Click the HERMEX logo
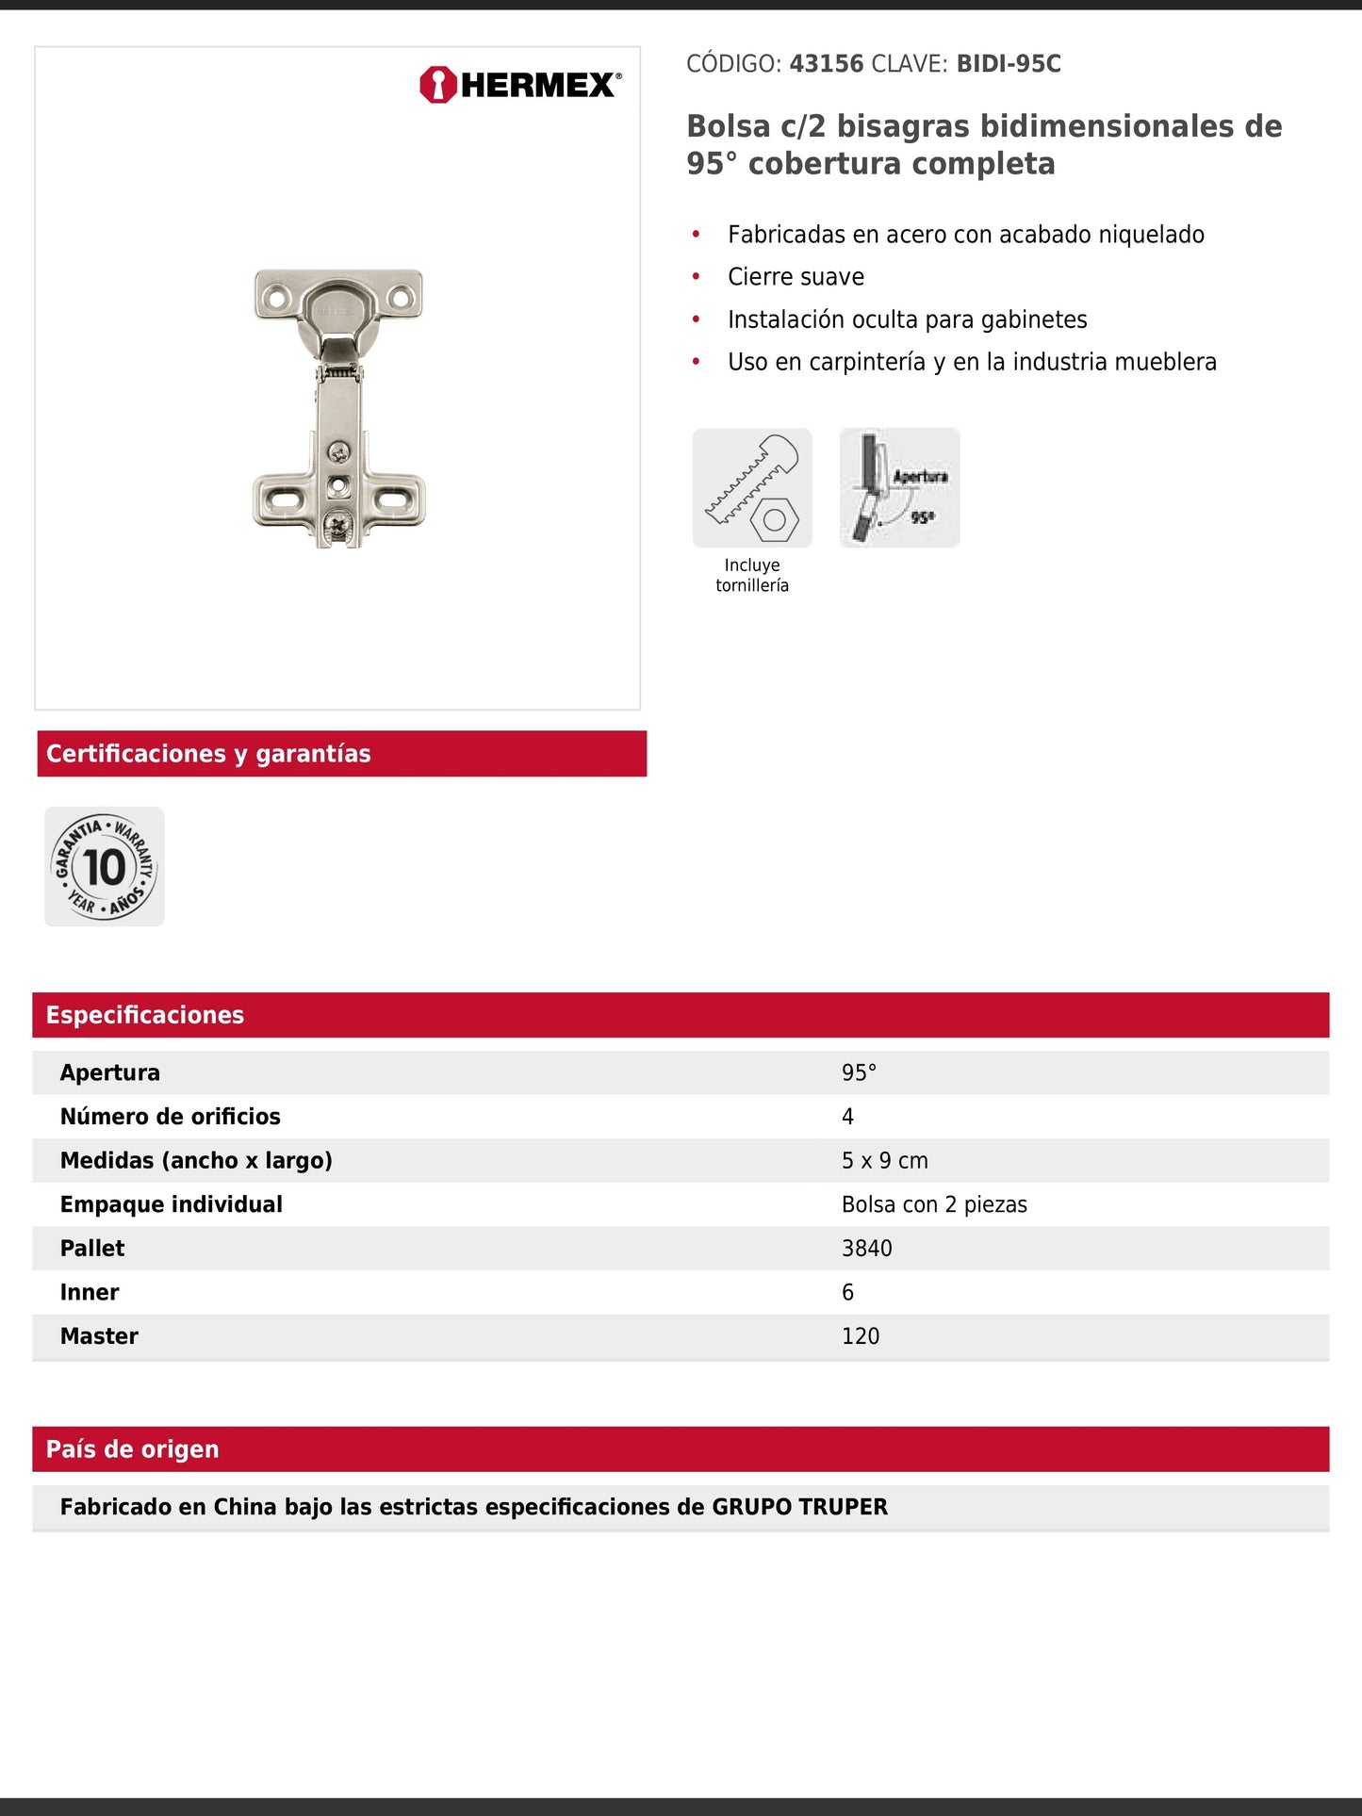tap(520, 85)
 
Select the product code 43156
tap(826, 64)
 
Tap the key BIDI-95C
tap(1009, 64)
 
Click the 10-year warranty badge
tap(105, 866)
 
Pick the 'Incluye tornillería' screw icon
tap(752, 488)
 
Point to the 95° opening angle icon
tap(899, 488)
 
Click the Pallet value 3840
tap(866, 1248)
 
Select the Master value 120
tap(860, 1335)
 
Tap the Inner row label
tap(90, 1292)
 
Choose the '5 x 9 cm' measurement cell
tap(884, 1160)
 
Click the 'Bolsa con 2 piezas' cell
tap(934, 1204)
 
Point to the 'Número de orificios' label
tap(171, 1117)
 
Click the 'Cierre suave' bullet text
tap(796, 277)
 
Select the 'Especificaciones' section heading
tap(145, 1015)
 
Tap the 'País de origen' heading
tap(133, 1449)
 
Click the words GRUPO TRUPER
tap(799, 1507)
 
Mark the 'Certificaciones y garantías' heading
tap(208, 754)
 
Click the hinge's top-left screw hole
tap(276, 299)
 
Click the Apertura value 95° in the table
tap(859, 1072)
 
